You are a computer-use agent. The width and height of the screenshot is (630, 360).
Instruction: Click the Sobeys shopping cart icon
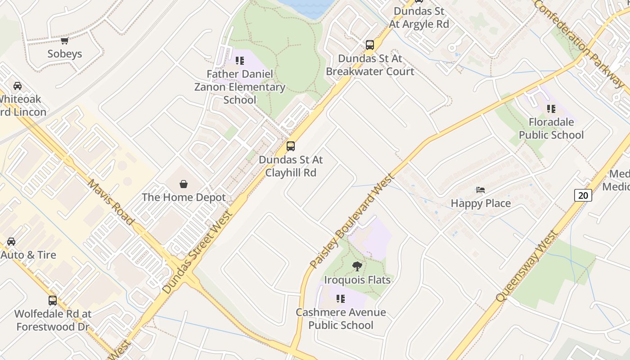(65, 41)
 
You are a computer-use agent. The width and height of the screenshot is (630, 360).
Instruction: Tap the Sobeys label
(65, 54)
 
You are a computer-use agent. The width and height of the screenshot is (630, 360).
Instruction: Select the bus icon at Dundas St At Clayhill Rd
(291, 146)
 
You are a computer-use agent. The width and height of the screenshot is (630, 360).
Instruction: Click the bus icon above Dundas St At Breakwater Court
(369, 45)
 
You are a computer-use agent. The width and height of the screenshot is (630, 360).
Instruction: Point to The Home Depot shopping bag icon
(184, 184)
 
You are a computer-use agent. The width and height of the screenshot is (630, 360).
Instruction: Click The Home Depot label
(184, 198)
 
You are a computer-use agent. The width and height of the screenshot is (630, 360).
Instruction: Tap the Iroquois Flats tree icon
(357, 266)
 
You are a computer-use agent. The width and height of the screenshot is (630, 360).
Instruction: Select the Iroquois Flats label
(357, 280)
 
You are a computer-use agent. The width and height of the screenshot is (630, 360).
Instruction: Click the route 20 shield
(583, 195)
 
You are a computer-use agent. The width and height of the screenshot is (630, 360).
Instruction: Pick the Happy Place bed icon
(481, 190)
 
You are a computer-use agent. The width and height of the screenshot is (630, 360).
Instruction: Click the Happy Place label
(481, 203)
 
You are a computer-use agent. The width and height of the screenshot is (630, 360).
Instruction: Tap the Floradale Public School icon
(551, 109)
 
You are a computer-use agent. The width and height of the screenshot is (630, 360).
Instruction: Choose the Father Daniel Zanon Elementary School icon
(240, 60)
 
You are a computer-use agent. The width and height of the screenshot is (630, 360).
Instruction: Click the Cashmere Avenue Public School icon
(341, 299)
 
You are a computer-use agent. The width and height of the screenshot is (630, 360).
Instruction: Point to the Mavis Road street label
(111, 202)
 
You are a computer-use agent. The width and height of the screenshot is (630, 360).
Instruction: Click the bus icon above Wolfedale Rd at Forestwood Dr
(53, 301)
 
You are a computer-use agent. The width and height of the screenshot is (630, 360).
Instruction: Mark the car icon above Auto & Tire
(11, 242)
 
